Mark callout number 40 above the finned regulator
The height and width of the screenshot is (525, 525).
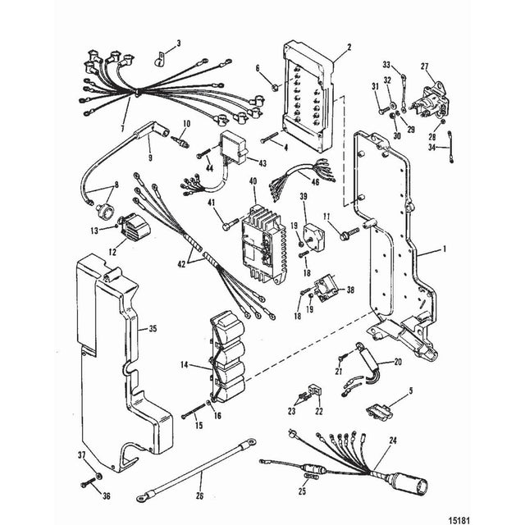[x=253, y=180]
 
